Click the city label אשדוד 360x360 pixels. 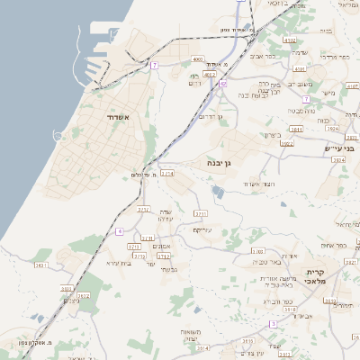click(x=118, y=118)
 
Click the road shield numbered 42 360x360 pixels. click(x=222, y=82)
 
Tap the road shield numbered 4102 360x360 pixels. click(x=289, y=40)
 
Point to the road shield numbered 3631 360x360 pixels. click(x=40, y=265)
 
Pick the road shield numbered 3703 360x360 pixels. click(x=258, y=252)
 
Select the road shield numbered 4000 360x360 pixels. click(x=197, y=59)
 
